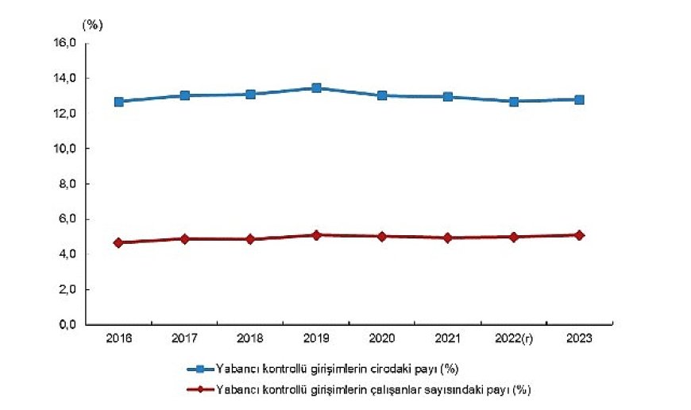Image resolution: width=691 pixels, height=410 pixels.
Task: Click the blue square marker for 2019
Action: [x=316, y=88]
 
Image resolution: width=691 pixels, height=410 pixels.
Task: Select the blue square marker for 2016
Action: [x=118, y=102]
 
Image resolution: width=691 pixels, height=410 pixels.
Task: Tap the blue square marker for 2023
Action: [x=580, y=99]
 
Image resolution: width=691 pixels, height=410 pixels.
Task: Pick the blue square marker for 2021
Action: [x=448, y=97]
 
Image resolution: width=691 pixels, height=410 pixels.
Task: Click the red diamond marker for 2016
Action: [x=118, y=242]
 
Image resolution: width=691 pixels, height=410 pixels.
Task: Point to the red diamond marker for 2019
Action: [x=316, y=235]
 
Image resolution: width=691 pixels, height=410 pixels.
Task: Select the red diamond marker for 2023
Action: [x=580, y=235]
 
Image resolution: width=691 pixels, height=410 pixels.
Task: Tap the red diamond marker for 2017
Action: [x=184, y=238]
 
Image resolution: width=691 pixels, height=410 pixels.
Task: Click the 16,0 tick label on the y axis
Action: [x=65, y=44]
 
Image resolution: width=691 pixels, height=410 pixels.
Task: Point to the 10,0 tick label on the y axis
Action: [x=65, y=149]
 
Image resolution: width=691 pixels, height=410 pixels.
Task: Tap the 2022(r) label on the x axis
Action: [x=514, y=341]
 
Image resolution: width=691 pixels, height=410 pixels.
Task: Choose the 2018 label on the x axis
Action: [x=250, y=341]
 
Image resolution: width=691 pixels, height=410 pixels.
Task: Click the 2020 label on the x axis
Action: [x=382, y=341]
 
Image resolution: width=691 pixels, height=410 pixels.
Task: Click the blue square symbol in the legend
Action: [x=201, y=369]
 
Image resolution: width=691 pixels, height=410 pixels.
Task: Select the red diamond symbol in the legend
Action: [x=201, y=389]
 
